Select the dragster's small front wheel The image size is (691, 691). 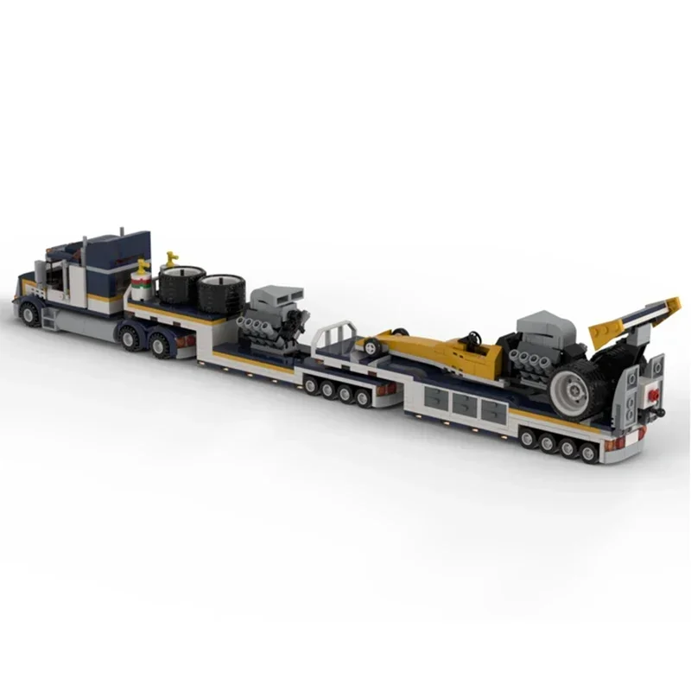[x=371, y=346]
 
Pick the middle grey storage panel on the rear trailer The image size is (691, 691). [x=466, y=403]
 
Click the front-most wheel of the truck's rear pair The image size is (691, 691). [x=132, y=338]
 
